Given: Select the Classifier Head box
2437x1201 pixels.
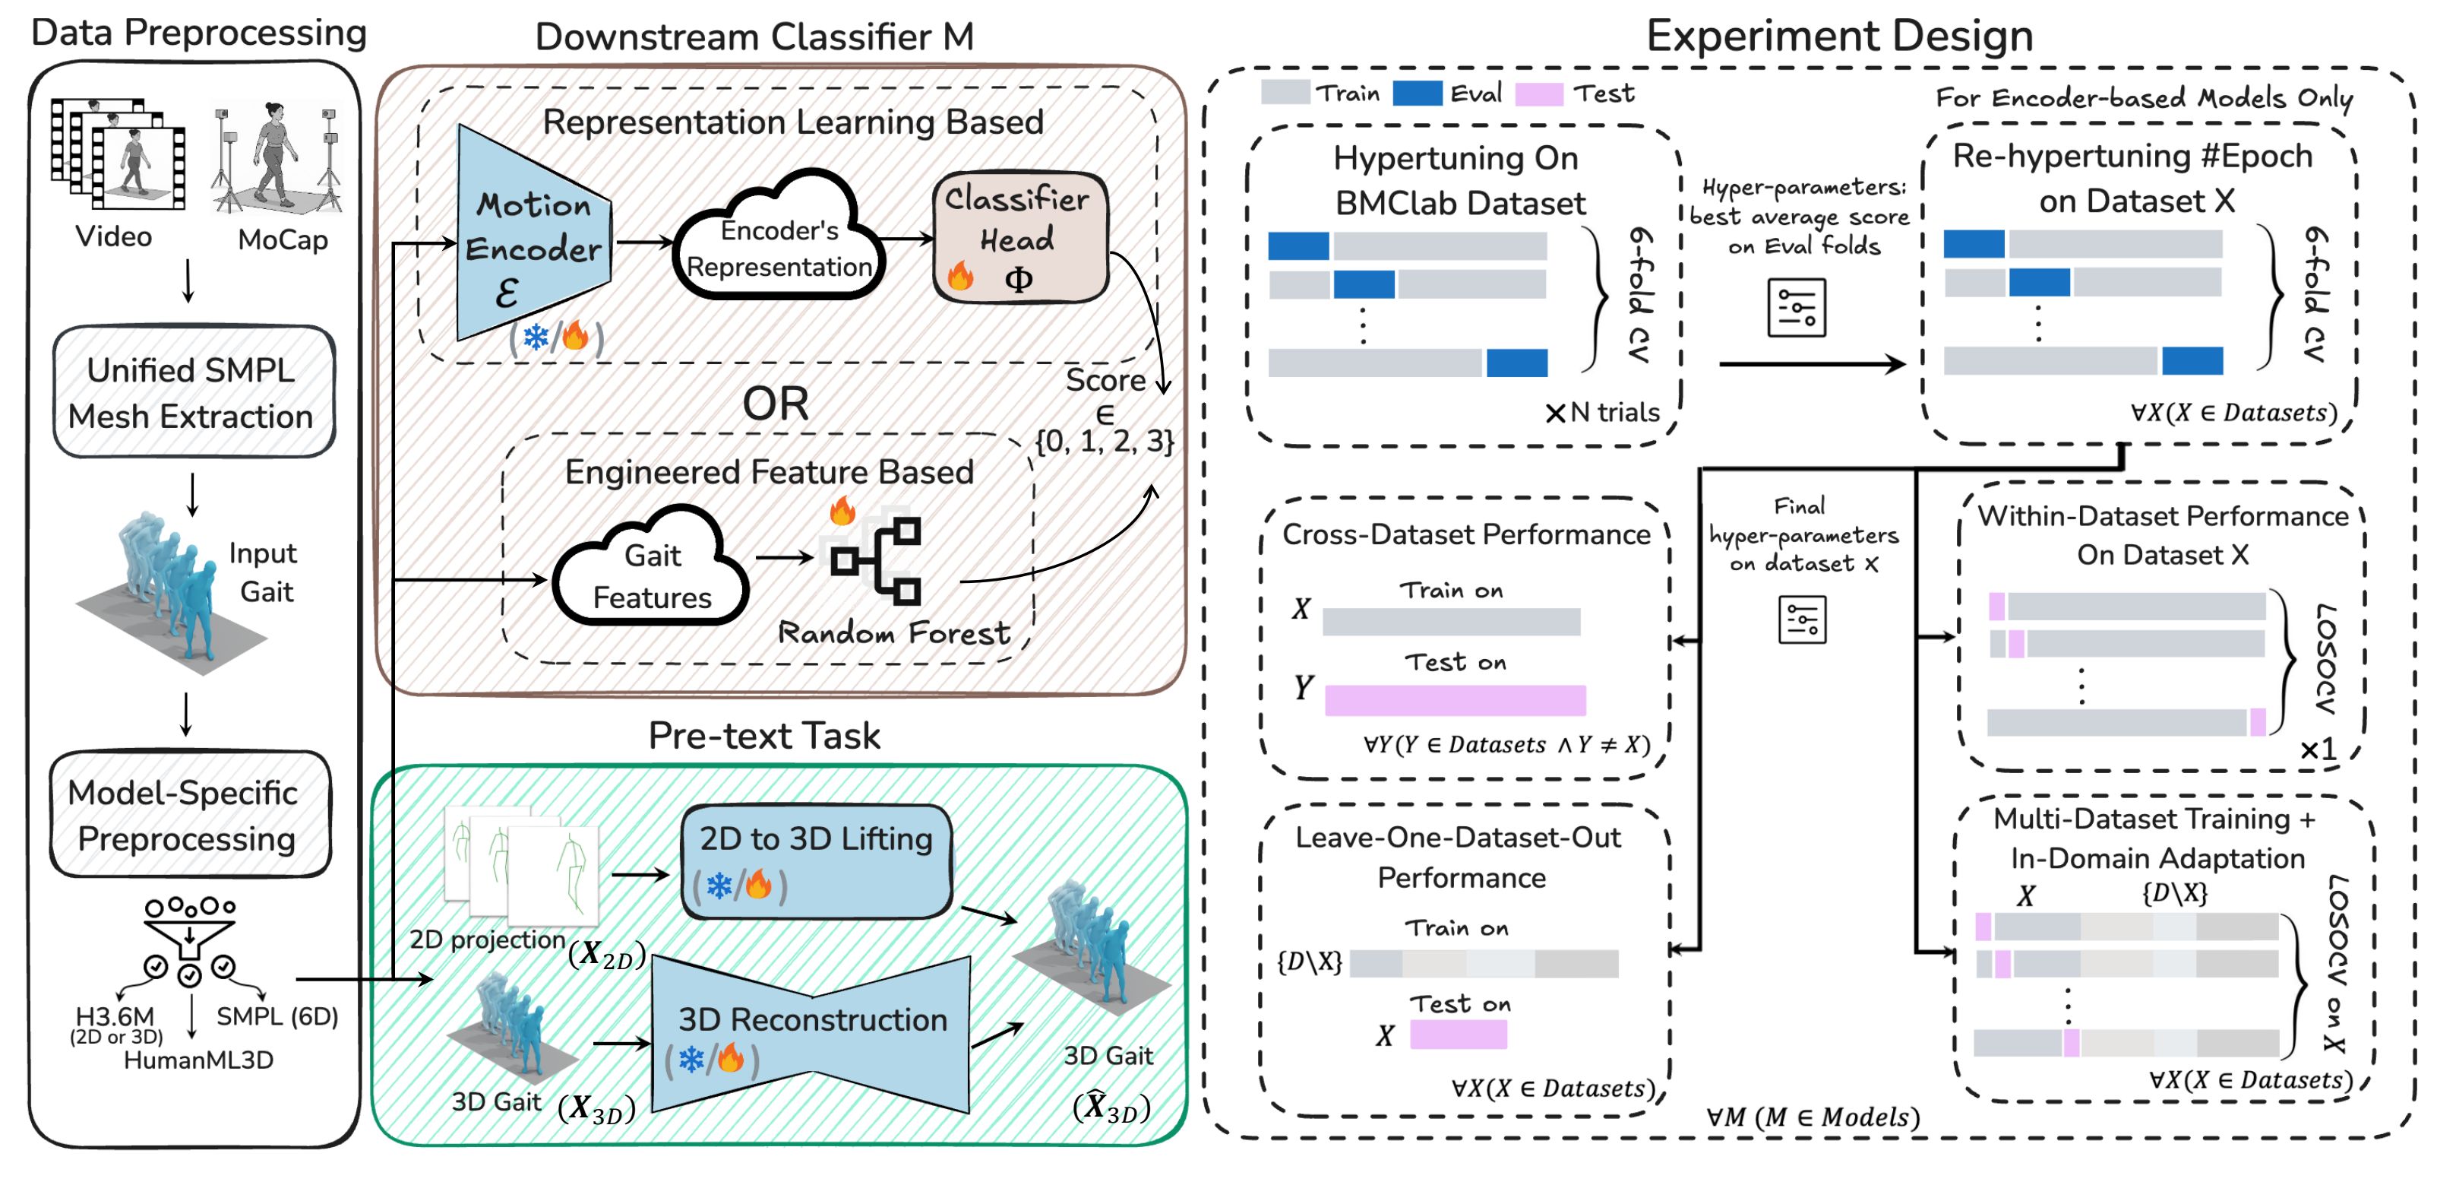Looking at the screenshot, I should pyautogui.click(x=1019, y=236).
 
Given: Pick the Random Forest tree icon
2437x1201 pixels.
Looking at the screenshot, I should pyautogui.click(x=876, y=560).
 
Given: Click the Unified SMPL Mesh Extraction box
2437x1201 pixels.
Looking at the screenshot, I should pyautogui.click(x=193, y=391).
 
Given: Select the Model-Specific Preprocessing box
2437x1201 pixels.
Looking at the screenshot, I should pyautogui.click(x=189, y=814).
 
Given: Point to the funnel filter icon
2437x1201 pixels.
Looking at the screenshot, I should pyautogui.click(x=190, y=932).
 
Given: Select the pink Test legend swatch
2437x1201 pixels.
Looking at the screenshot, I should pyautogui.click(x=1538, y=93).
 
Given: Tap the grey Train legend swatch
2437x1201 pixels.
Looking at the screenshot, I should pyautogui.click(x=1285, y=93).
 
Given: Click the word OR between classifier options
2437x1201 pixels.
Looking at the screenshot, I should pyautogui.click(x=775, y=404).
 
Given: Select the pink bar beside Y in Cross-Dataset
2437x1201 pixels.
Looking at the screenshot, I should pyautogui.click(x=1454, y=700).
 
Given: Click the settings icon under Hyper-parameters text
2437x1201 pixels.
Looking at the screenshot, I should pyautogui.click(x=1796, y=308).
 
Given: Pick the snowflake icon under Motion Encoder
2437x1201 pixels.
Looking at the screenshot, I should pyautogui.click(x=536, y=337).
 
